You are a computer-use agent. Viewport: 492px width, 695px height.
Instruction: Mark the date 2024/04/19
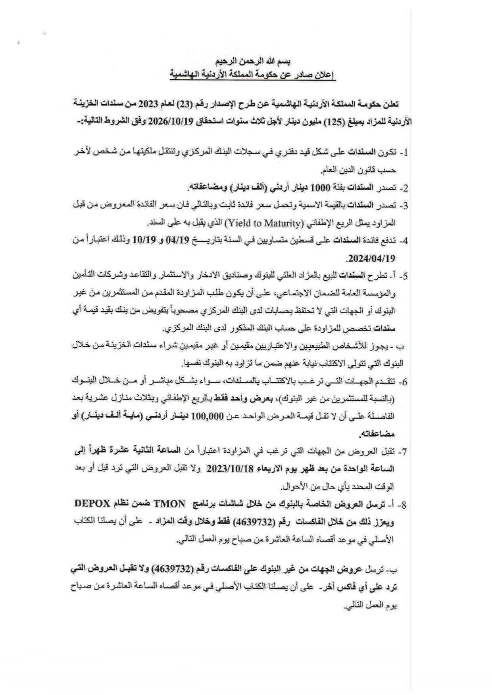pos(371,258)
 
